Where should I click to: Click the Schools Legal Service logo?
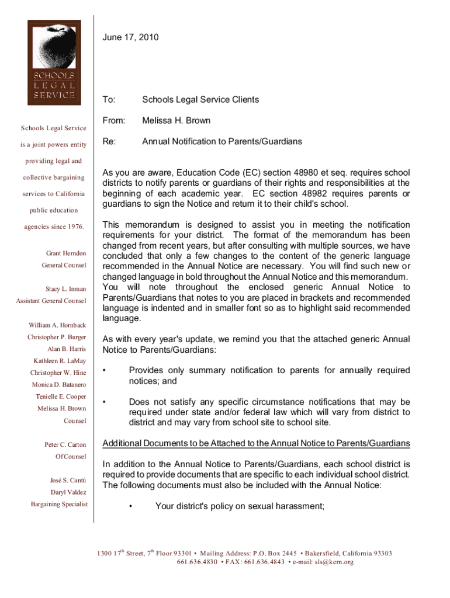[x=52, y=61]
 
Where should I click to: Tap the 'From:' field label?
[x=113, y=121]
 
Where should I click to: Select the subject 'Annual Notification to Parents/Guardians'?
[x=222, y=142]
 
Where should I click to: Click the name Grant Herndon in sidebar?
[x=66, y=253]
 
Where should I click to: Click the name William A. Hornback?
[x=57, y=325]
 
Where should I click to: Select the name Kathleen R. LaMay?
[x=60, y=361]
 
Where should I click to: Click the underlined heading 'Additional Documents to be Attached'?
[x=256, y=444]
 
